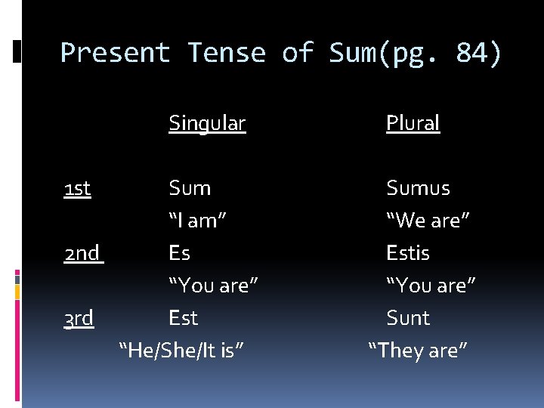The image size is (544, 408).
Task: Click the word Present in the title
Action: [x=115, y=53]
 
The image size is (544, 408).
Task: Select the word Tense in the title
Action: [x=227, y=53]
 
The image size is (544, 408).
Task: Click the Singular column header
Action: [x=207, y=122]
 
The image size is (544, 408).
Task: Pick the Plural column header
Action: [x=413, y=122]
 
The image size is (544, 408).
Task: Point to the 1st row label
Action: [x=78, y=188]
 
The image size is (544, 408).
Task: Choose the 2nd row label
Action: [x=82, y=253]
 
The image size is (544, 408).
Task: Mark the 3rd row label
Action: [x=79, y=318]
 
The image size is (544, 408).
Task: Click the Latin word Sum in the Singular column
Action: [x=190, y=188]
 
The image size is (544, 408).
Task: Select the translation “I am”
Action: [x=198, y=221]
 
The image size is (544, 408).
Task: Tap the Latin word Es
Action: [x=179, y=253]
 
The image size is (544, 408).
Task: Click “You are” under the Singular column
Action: [x=213, y=286]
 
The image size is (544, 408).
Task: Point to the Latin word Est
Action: [x=183, y=318]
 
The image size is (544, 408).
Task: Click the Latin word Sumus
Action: [x=418, y=188]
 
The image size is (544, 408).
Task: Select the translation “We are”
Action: [x=428, y=221]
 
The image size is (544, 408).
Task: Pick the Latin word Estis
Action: [x=408, y=253]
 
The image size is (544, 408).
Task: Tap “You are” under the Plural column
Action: [x=431, y=286]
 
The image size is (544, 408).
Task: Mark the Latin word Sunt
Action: [x=408, y=318]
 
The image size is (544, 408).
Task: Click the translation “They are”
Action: [x=418, y=351]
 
